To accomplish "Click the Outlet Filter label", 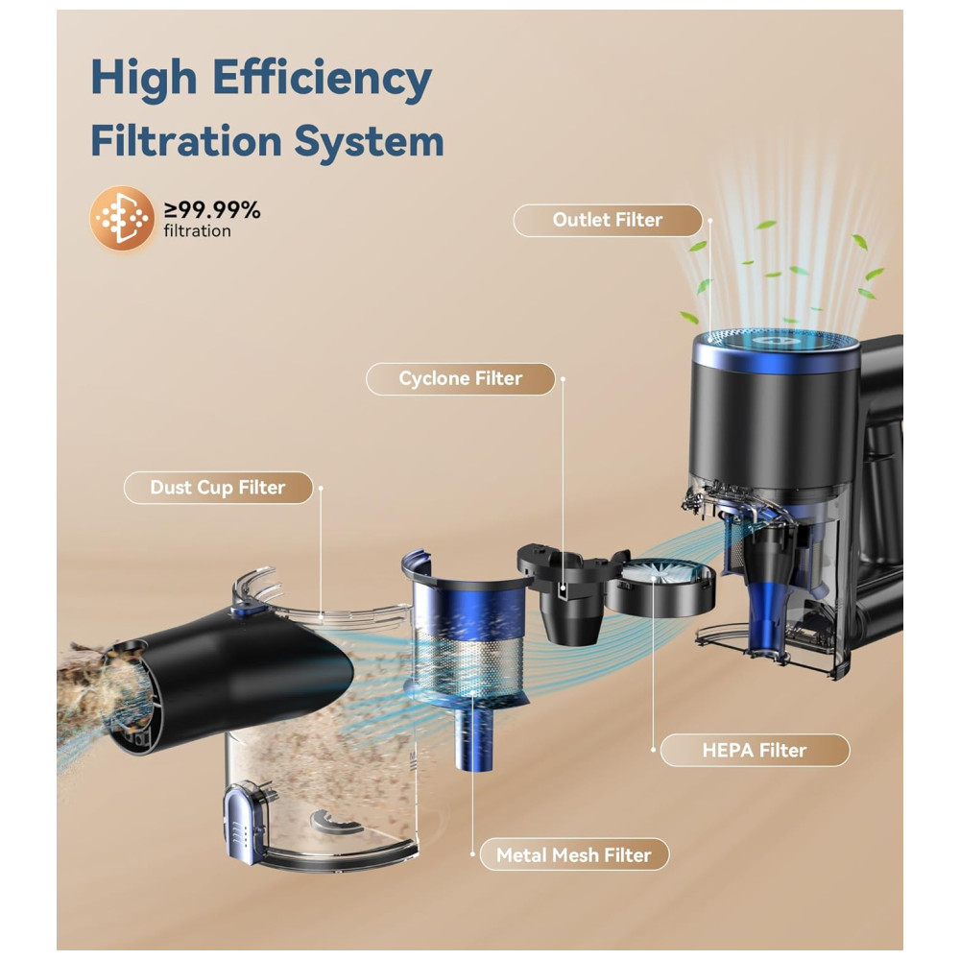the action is click(608, 221).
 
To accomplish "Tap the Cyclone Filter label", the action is click(461, 379).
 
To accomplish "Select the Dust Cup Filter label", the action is click(218, 488).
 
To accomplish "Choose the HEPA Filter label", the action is click(755, 750).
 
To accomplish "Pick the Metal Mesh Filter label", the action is click(574, 854).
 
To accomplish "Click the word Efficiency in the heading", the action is click(322, 80).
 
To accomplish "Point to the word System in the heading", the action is click(369, 142).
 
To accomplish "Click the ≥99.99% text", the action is click(212, 210).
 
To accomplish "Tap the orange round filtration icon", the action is click(122, 218).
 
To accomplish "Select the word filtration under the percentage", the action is click(197, 231).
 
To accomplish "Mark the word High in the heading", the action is click(144, 80).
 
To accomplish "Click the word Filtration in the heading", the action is click(186, 141).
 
